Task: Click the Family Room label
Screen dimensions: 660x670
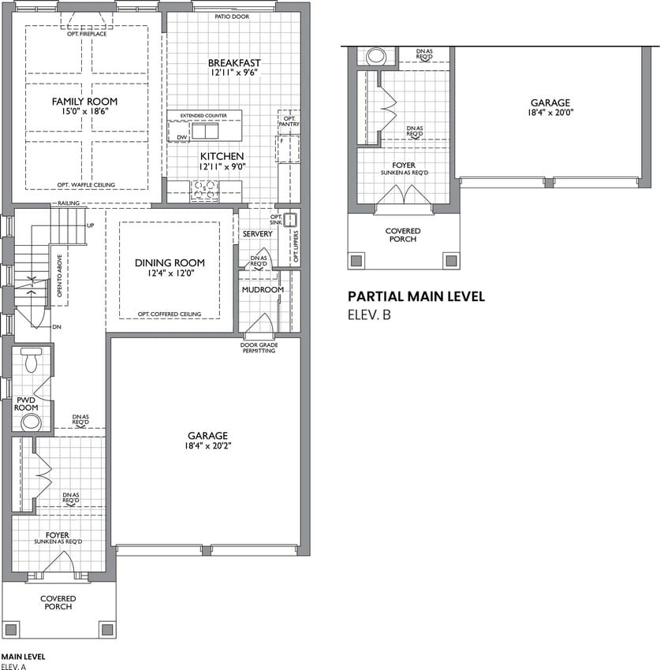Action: (x=84, y=102)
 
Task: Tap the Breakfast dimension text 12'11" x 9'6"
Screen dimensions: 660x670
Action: (x=234, y=73)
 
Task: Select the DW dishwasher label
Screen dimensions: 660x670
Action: (x=182, y=137)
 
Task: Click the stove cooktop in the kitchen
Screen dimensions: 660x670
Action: (x=204, y=191)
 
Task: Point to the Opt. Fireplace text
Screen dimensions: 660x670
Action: (x=87, y=34)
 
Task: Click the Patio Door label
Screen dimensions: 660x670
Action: (x=232, y=17)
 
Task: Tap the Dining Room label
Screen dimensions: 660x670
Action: (x=170, y=262)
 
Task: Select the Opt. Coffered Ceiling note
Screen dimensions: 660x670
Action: (x=170, y=314)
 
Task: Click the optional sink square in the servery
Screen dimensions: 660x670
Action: (x=290, y=220)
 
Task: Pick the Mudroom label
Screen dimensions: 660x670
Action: (x=263, y=290)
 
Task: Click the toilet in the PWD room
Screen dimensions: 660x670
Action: (x=32, y=359)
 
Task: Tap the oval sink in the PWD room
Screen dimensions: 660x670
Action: (x=32, y=422)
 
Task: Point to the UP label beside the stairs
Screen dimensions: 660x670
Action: (x=90, y=225)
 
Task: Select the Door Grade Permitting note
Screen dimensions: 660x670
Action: (x=259, y=348)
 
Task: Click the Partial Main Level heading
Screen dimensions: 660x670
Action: (x=416, y=296)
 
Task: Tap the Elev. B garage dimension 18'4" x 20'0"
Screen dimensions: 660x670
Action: (x=550, y=113)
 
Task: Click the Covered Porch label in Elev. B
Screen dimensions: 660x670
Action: (x=403, y=235)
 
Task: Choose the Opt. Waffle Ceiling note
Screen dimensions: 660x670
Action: (x=87, y=185)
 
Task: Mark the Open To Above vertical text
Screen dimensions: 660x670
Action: (x=59, y=276)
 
